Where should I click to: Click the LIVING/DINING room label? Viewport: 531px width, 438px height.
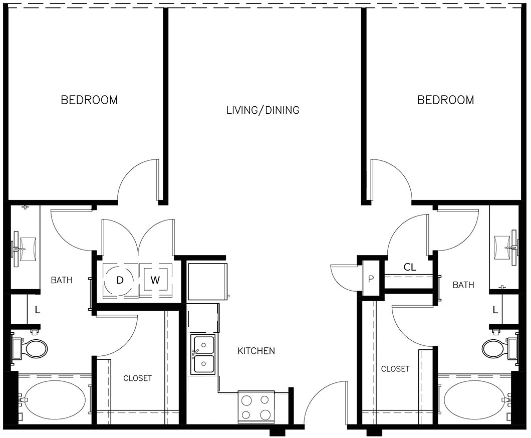(262, 110)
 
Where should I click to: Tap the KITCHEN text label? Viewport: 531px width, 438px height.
(256, 351)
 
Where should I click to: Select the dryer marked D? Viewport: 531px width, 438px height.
(120, 280)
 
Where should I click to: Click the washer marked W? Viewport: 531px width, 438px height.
(155, 280)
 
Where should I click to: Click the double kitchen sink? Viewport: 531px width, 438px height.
(204, 355)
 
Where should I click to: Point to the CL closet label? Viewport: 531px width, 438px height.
(410, 267)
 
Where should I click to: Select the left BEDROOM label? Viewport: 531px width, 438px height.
(89, 100)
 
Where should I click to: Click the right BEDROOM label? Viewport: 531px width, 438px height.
(445, 100)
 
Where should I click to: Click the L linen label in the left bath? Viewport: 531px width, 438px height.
(37, 310)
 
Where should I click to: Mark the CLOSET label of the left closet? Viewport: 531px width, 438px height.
(137, 378)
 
